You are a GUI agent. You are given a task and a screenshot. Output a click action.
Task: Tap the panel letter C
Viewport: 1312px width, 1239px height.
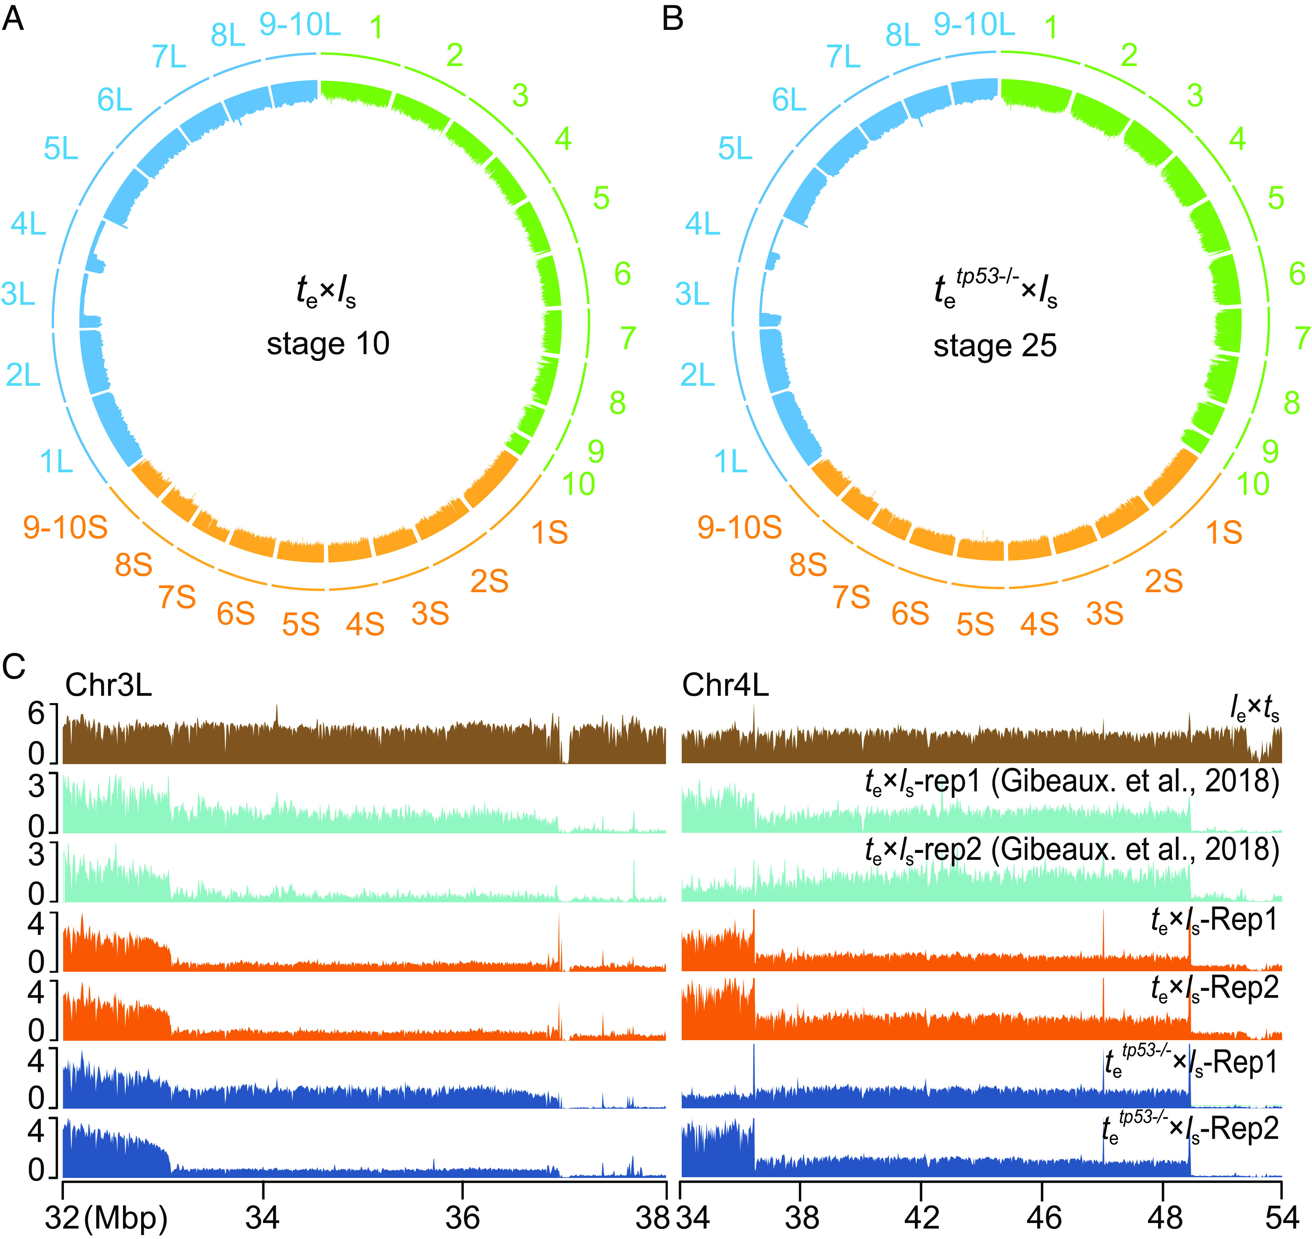coord(14,667)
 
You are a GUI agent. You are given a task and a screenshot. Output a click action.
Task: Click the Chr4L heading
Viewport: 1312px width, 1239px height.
coord(725,686)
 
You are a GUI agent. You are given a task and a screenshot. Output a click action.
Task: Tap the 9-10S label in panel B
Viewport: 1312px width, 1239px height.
coord(739,527)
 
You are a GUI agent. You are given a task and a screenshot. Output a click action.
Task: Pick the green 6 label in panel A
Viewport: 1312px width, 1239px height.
coord(622,274)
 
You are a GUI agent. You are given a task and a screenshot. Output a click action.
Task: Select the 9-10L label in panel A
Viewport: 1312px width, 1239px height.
coord(300,25)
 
